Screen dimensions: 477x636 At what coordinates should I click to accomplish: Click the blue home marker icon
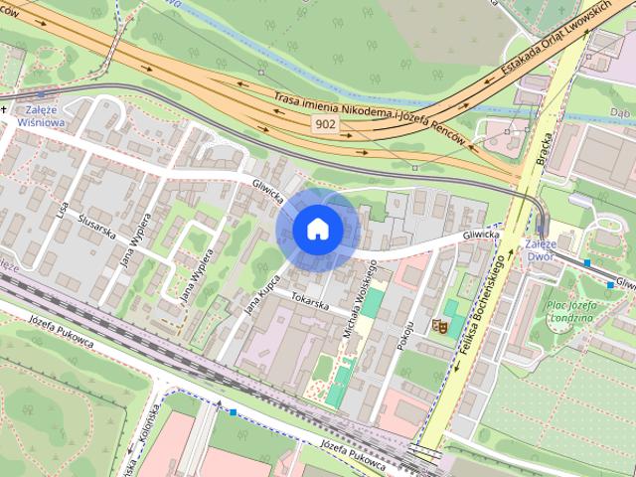click(x=318, y=230)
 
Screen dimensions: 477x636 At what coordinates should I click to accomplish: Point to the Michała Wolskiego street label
click(x=357, y=299)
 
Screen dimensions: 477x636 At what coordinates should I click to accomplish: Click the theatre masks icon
click(x=438, y=325)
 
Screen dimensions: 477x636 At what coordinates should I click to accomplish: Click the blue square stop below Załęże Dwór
click(x=587, y=263)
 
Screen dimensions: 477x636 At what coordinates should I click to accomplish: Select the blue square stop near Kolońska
click(x=233, y=411)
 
